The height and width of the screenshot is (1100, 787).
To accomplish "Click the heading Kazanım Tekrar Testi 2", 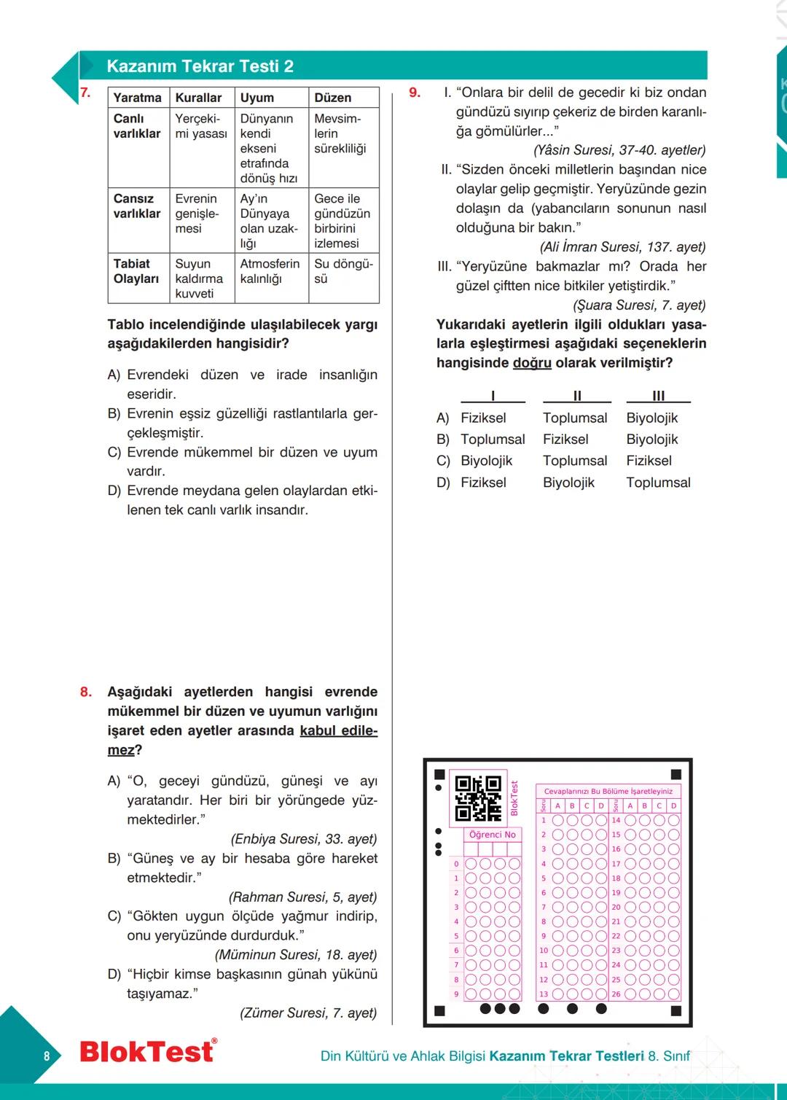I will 200,66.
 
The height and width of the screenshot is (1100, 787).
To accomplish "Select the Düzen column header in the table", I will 332,98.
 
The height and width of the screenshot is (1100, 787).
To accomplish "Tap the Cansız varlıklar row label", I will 137,206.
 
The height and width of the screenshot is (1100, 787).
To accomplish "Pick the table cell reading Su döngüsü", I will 343,271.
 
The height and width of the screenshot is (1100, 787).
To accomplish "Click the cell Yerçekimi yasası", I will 201,126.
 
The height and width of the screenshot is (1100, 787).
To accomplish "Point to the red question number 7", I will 85,93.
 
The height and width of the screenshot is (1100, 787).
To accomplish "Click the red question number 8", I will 86,692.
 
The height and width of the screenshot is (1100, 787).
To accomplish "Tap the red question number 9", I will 415,93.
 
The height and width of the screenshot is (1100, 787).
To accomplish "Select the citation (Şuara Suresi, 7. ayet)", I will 639,305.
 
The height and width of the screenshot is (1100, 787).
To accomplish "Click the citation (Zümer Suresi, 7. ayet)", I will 308,1013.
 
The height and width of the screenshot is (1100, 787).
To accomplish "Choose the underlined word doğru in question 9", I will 532,363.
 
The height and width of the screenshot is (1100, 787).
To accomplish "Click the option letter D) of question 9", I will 443,483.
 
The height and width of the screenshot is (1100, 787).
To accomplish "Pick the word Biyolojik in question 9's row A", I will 651,418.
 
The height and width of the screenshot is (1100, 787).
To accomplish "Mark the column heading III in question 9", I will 658,396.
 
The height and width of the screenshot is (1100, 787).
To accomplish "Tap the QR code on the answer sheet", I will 478,798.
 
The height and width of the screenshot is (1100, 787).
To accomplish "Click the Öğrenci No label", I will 492,835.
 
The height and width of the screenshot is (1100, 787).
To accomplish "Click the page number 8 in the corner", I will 47,1056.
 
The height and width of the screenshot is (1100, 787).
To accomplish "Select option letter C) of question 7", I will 114,453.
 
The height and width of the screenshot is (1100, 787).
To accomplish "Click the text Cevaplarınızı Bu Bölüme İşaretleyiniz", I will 608,791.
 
